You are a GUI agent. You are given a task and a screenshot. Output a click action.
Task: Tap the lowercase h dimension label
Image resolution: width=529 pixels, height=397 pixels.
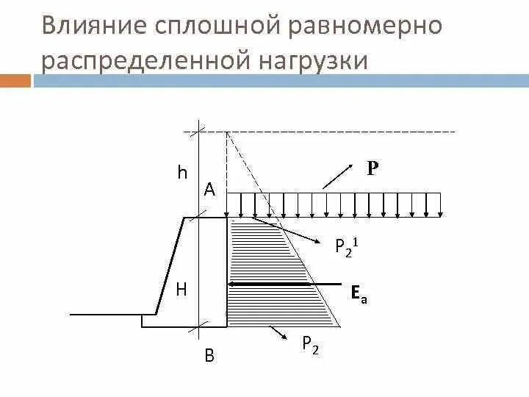182,174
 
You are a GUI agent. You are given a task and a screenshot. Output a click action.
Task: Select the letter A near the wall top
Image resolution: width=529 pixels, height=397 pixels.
209,190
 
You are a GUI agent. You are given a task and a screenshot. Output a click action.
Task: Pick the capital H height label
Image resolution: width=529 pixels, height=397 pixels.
181,290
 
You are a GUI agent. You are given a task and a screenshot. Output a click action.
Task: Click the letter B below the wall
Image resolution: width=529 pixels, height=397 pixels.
209,357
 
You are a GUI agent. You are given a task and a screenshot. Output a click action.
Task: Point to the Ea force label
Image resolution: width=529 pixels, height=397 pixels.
358,294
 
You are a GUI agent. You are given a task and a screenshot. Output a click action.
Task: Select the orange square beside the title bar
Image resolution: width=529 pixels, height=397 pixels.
15,80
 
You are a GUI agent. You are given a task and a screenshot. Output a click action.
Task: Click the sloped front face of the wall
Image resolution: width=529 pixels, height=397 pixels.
168,265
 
